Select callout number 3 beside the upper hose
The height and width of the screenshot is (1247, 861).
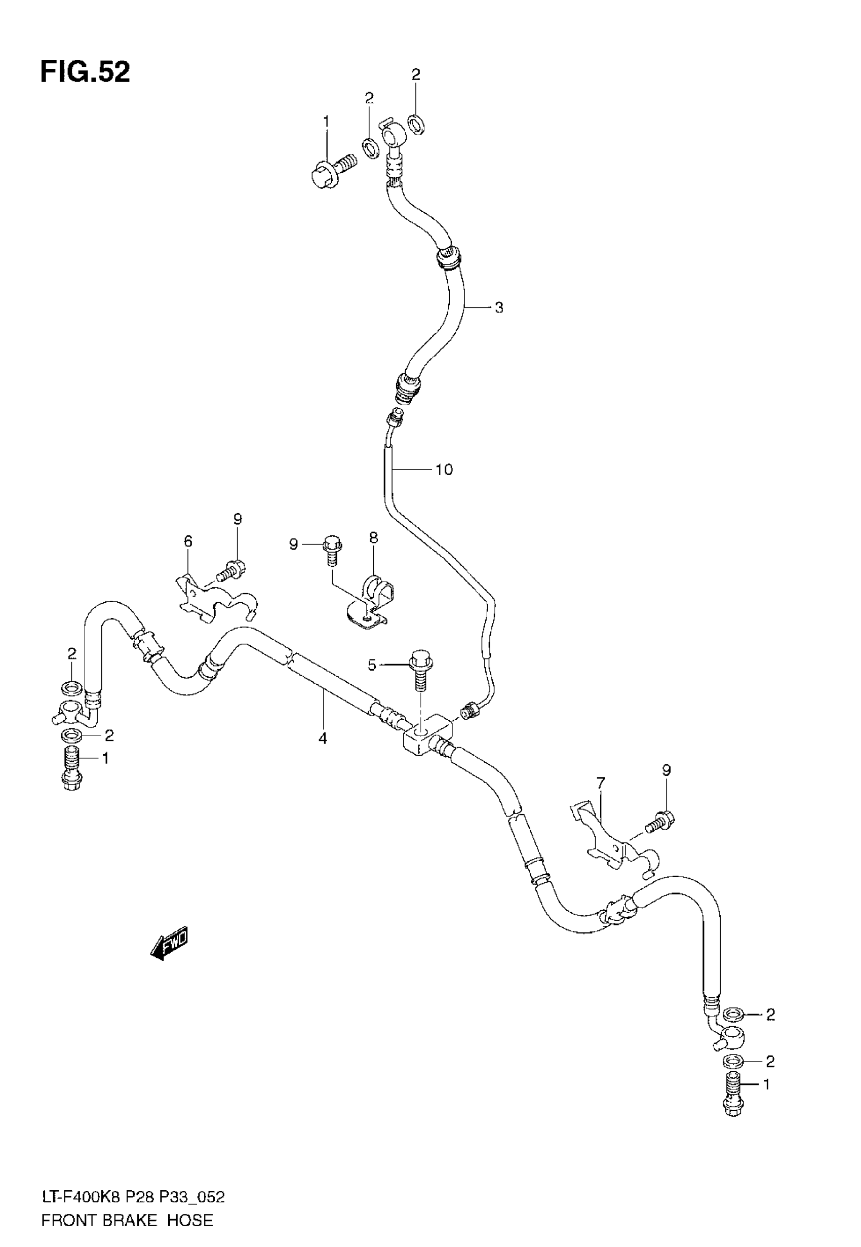499,308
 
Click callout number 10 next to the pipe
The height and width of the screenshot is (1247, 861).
444,470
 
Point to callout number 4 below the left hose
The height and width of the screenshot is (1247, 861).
323,738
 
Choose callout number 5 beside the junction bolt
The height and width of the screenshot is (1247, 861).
372,665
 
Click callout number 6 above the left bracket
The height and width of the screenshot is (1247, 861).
188,541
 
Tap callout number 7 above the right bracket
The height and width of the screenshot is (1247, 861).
601,782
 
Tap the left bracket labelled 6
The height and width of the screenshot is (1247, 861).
216,600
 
